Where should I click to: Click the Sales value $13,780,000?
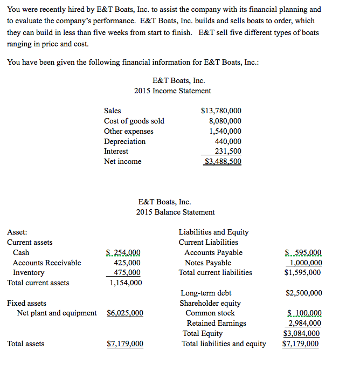221,111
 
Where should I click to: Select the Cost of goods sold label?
134,121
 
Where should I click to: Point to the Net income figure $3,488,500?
223,161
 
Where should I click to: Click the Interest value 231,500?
227,152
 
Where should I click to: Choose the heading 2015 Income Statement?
172,91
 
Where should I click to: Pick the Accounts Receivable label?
47,263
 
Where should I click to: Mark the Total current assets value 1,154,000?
126,283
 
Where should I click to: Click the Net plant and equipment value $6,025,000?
125,313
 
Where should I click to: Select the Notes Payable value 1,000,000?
306,263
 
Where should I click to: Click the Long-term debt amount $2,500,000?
303,293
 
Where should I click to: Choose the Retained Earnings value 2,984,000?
305,324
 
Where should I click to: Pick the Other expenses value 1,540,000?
225,131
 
